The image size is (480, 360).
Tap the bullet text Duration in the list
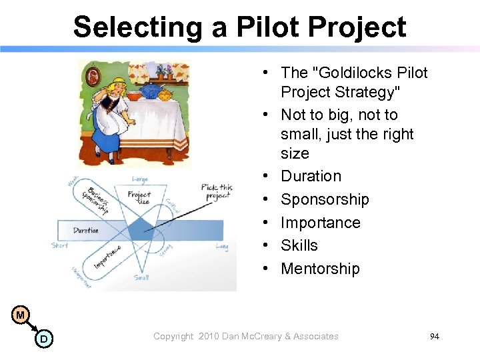[x=311, y=177]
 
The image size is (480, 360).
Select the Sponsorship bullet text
[x=325, y=199]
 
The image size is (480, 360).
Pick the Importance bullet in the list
[x=321, y=223]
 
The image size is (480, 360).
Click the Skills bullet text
[x=299, y=245]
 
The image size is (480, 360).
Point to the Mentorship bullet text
[x=320, y=269]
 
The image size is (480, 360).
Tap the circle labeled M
[x=21, y=315]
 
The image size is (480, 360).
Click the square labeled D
[x=43, y=339]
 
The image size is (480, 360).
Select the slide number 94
[x=435, y=337]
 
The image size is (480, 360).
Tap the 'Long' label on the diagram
[x=222, y=247]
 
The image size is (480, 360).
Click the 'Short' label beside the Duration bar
[x=60, y=245]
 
